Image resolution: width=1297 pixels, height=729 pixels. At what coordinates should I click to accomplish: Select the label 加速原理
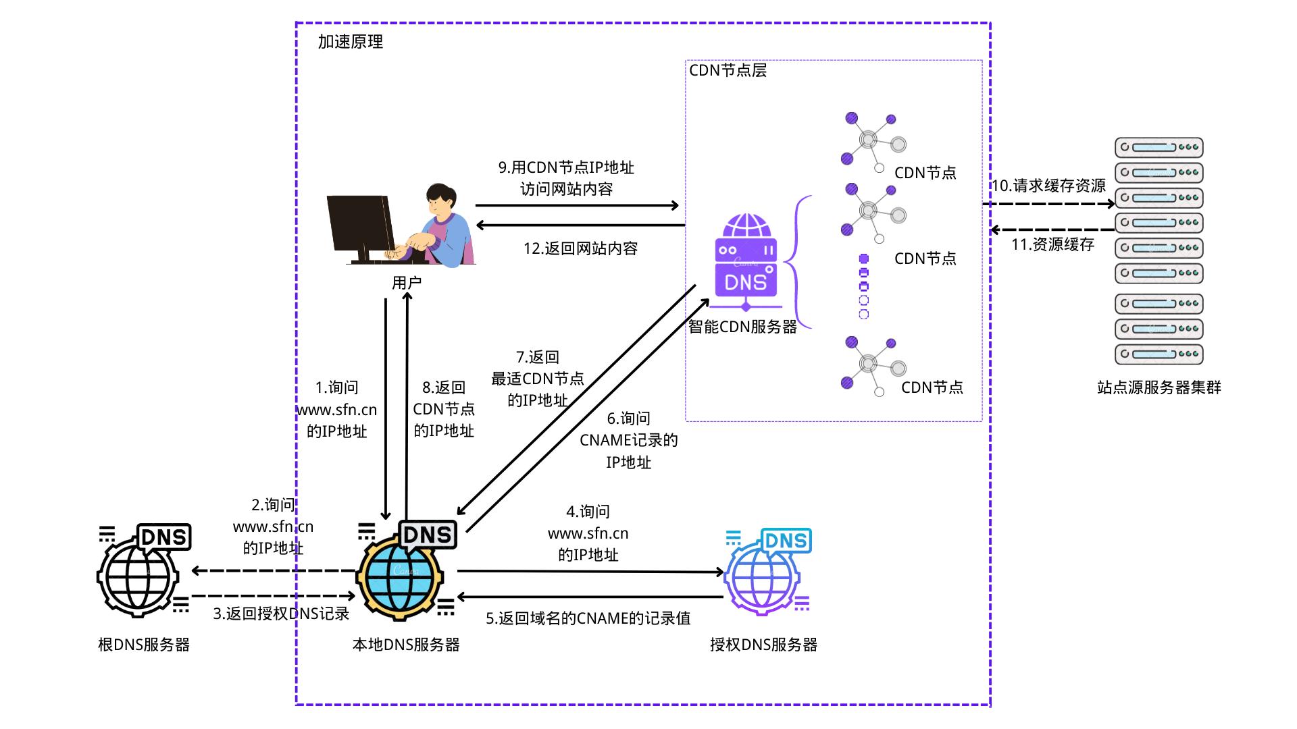[351, 42]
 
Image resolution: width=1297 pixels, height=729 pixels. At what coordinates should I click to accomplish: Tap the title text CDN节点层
[728, 71]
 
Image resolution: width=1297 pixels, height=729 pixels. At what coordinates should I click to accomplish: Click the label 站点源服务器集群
[1159, 387]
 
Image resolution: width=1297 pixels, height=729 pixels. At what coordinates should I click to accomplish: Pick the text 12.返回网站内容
[580, 248]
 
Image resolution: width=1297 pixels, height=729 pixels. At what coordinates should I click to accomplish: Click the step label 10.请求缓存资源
[1048, 186]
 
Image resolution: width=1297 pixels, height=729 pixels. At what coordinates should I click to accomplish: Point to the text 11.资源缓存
[1052, 244]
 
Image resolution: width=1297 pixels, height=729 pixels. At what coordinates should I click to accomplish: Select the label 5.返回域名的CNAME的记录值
[588, 618]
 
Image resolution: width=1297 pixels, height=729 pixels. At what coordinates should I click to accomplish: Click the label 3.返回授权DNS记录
[281, 614]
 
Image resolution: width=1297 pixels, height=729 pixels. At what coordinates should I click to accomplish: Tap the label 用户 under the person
[407, 283]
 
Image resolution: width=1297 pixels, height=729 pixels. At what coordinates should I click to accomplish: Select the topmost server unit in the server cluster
[1159, 147]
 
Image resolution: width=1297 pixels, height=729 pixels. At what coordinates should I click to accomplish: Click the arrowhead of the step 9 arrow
[674, 205]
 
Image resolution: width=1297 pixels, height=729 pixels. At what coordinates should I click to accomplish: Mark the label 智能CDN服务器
[742, 327]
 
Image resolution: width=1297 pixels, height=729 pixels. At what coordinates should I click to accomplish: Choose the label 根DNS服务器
[143, 645]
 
